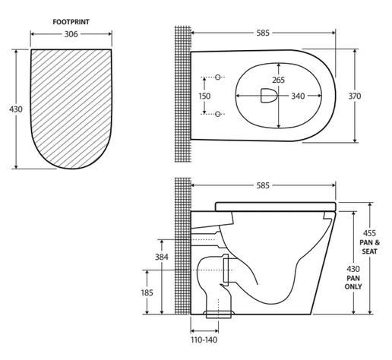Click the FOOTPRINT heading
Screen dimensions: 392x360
[71, 22]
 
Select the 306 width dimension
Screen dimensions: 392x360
[71, 34]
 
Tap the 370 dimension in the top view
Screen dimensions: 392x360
[355, 96]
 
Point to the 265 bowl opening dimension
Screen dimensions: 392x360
[279, 80]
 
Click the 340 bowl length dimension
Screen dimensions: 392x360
[298, 96]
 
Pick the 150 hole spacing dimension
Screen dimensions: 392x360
[204, 96]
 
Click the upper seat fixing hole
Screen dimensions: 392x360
[218, 77]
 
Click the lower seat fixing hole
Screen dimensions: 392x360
[218, 114]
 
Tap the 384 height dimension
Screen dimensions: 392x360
[162, 257]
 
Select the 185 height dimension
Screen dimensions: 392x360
[147, 292]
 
